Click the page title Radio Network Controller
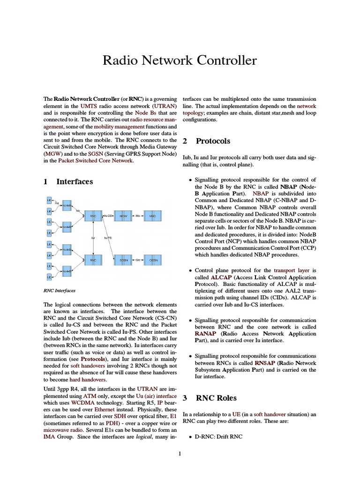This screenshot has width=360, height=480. (180, 60)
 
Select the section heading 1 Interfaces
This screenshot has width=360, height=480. (68, 181)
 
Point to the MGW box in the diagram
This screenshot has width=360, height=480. (123, 216)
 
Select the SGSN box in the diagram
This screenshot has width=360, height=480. (123, 259)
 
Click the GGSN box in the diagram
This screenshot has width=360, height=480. (153, 259)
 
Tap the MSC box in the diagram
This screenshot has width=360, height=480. (153, 216)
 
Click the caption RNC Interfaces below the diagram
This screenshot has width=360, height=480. (59, 290)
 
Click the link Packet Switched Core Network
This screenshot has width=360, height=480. (96, 160)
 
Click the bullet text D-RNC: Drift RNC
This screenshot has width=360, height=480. (215, 437)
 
